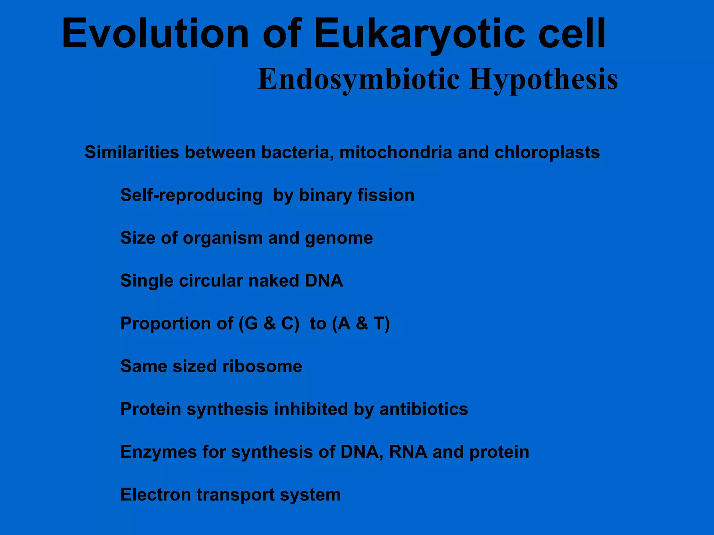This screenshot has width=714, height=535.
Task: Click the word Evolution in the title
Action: [155, 34]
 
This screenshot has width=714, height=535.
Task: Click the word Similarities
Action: [132, 153]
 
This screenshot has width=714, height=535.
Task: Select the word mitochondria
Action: [395, 153]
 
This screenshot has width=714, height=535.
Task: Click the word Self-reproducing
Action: [191, 195]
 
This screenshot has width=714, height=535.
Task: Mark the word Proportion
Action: [176, 324]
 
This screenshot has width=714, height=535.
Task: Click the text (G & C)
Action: [269, 324]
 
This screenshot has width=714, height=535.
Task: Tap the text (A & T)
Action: [361, 324]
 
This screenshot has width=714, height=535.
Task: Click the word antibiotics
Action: [424, 409]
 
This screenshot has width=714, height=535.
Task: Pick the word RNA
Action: [408, 452]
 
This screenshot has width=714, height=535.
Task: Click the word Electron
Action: [155, 495]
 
